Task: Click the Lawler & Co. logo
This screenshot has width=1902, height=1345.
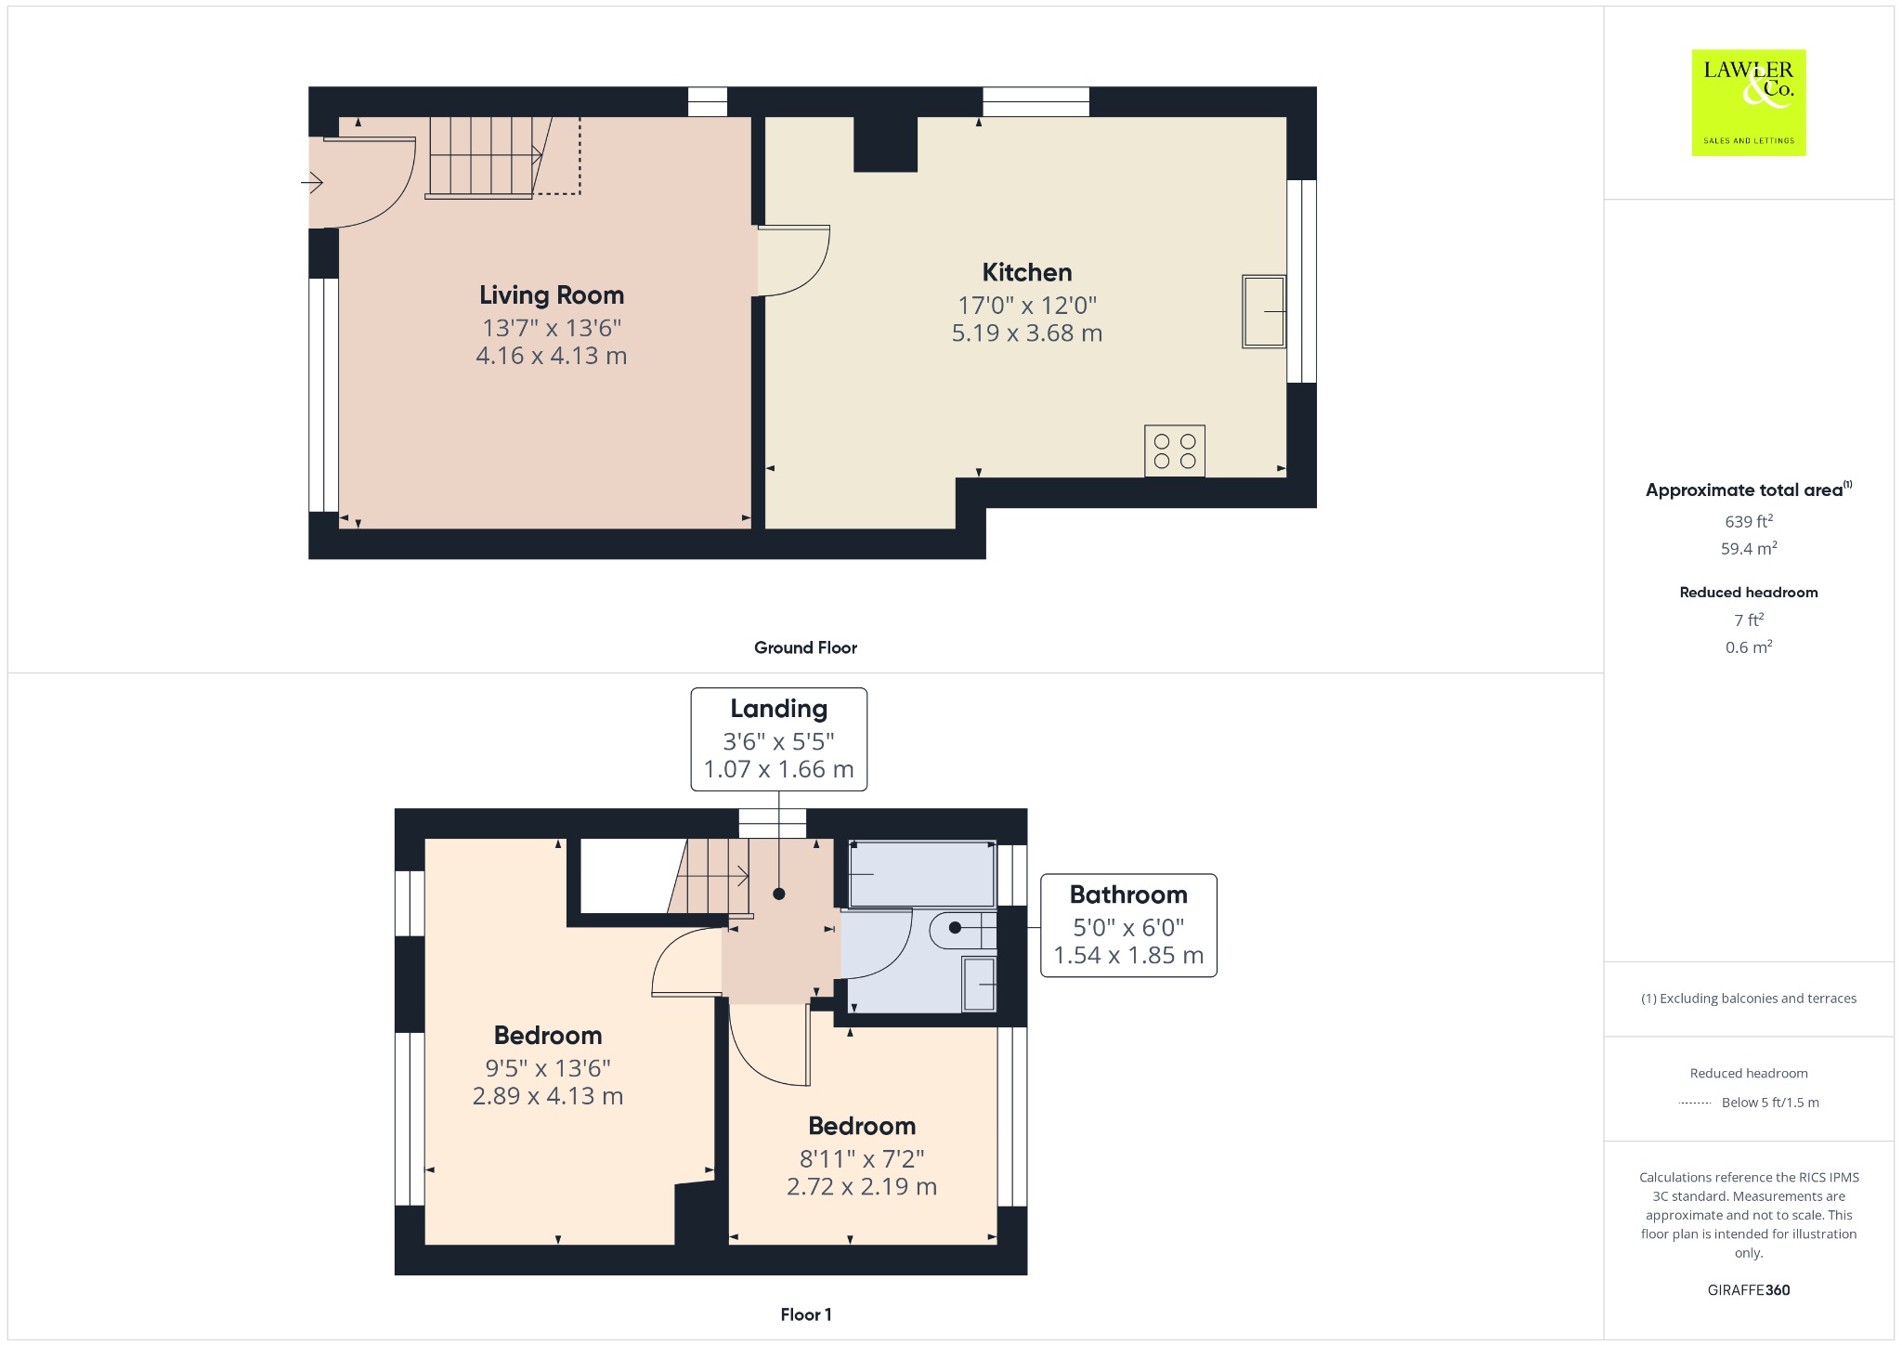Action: [x=1748, y=102]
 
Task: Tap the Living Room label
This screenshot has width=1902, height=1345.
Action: [x=552, y=295]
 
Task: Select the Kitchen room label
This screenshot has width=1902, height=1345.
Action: [x=1027, y=272]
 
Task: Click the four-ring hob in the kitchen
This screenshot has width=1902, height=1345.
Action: [x=1175, y=451]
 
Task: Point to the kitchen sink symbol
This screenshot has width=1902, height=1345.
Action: [x=1264, y=311]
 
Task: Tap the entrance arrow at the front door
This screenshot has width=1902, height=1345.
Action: [x=311, y=184]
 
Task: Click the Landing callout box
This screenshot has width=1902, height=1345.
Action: [x=778, y=739]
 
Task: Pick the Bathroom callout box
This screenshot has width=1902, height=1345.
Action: [x=1128, y=925]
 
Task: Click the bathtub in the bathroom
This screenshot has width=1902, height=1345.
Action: [x=922, y=874]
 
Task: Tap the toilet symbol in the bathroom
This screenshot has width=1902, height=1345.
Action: [x=963, y=928]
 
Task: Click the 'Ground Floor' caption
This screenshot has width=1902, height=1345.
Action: [x=805, y=647]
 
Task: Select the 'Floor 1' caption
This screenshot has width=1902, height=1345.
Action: [x=806, y=1314]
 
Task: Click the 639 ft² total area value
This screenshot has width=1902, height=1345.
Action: [x=1749, y=521]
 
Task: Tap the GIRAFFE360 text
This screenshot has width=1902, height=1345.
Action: [x=1749, y=1289]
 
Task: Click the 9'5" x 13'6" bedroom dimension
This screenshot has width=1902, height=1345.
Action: [x=548, y=1068]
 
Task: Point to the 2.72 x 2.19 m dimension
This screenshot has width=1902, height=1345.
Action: [x=862, y=1186]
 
